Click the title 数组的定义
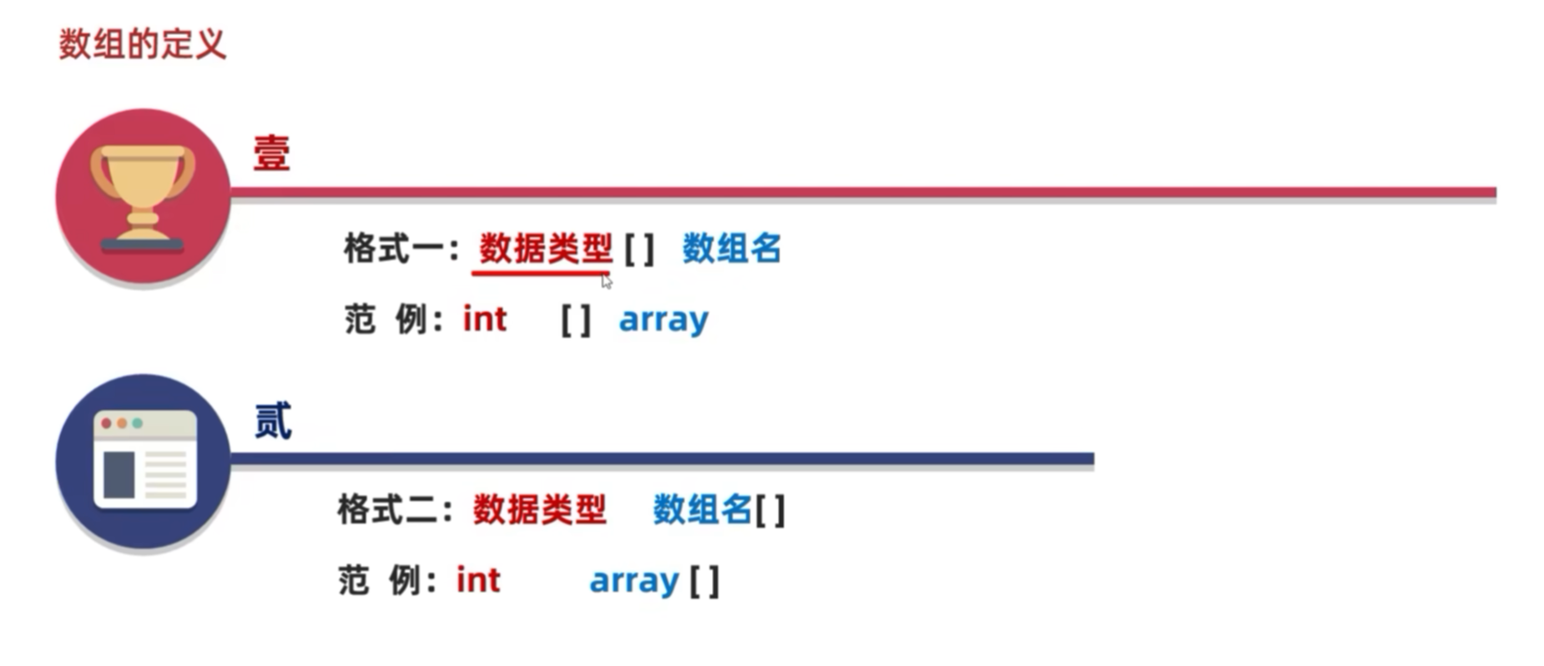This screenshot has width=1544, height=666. tap(142, 43)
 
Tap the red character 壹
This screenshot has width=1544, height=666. tap(271, 154)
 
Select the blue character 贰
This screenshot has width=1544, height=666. tap(272, 421)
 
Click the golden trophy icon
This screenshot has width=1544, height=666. tap(142, 197)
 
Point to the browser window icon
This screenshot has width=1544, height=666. tap(144, 460)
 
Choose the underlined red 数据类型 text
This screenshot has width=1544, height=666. tap(545, 249)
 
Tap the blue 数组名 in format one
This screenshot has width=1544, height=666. tap(731, 249)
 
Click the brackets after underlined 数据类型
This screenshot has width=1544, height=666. tap(639, 249)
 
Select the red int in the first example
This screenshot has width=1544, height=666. tap(485, 319)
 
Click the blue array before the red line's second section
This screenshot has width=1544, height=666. tap(664, 320)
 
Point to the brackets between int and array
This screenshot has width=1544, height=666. tap(576, 320)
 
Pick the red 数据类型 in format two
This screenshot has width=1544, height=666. tap(539, 510)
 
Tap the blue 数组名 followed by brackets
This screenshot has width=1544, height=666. tap(702, 510)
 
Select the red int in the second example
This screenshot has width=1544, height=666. tap(478, 580)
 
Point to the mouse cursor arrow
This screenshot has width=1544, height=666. tap(606, 281)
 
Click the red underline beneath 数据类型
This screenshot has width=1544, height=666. tap(541, 272)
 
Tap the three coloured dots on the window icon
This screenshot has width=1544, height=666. tap(122, 424)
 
